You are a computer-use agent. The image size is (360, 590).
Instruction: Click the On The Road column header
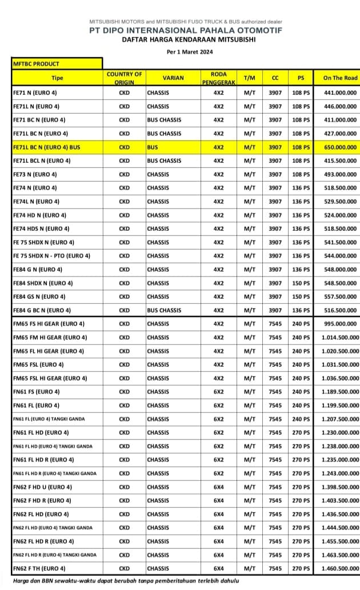tap(340, 78)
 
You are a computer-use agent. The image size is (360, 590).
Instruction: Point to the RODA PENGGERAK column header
tap(218, 78)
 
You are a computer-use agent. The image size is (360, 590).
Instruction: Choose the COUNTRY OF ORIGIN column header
tap(124, 78)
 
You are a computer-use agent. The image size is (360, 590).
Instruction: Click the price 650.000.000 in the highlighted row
tap(340, 147)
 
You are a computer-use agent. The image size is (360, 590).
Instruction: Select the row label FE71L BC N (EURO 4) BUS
tap(46, 147)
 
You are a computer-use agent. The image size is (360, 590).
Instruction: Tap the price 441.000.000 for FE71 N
tap(340, 93)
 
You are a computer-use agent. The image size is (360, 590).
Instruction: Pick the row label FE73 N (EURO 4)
tap(35, 174)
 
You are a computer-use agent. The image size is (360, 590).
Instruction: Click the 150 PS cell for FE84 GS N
tap(301, 297)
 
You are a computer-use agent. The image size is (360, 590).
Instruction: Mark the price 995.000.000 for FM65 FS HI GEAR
tap(340, 324)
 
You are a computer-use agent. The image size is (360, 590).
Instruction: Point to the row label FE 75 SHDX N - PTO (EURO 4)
tap(51, 256)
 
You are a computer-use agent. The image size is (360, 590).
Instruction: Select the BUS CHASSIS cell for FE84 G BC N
tap(164, 311)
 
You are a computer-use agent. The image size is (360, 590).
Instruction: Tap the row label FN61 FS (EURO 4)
tap(35, 392)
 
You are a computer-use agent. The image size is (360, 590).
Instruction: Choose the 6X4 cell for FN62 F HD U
tap(218, 487)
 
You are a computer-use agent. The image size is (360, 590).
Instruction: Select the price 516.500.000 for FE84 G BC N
tap(340, 311)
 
